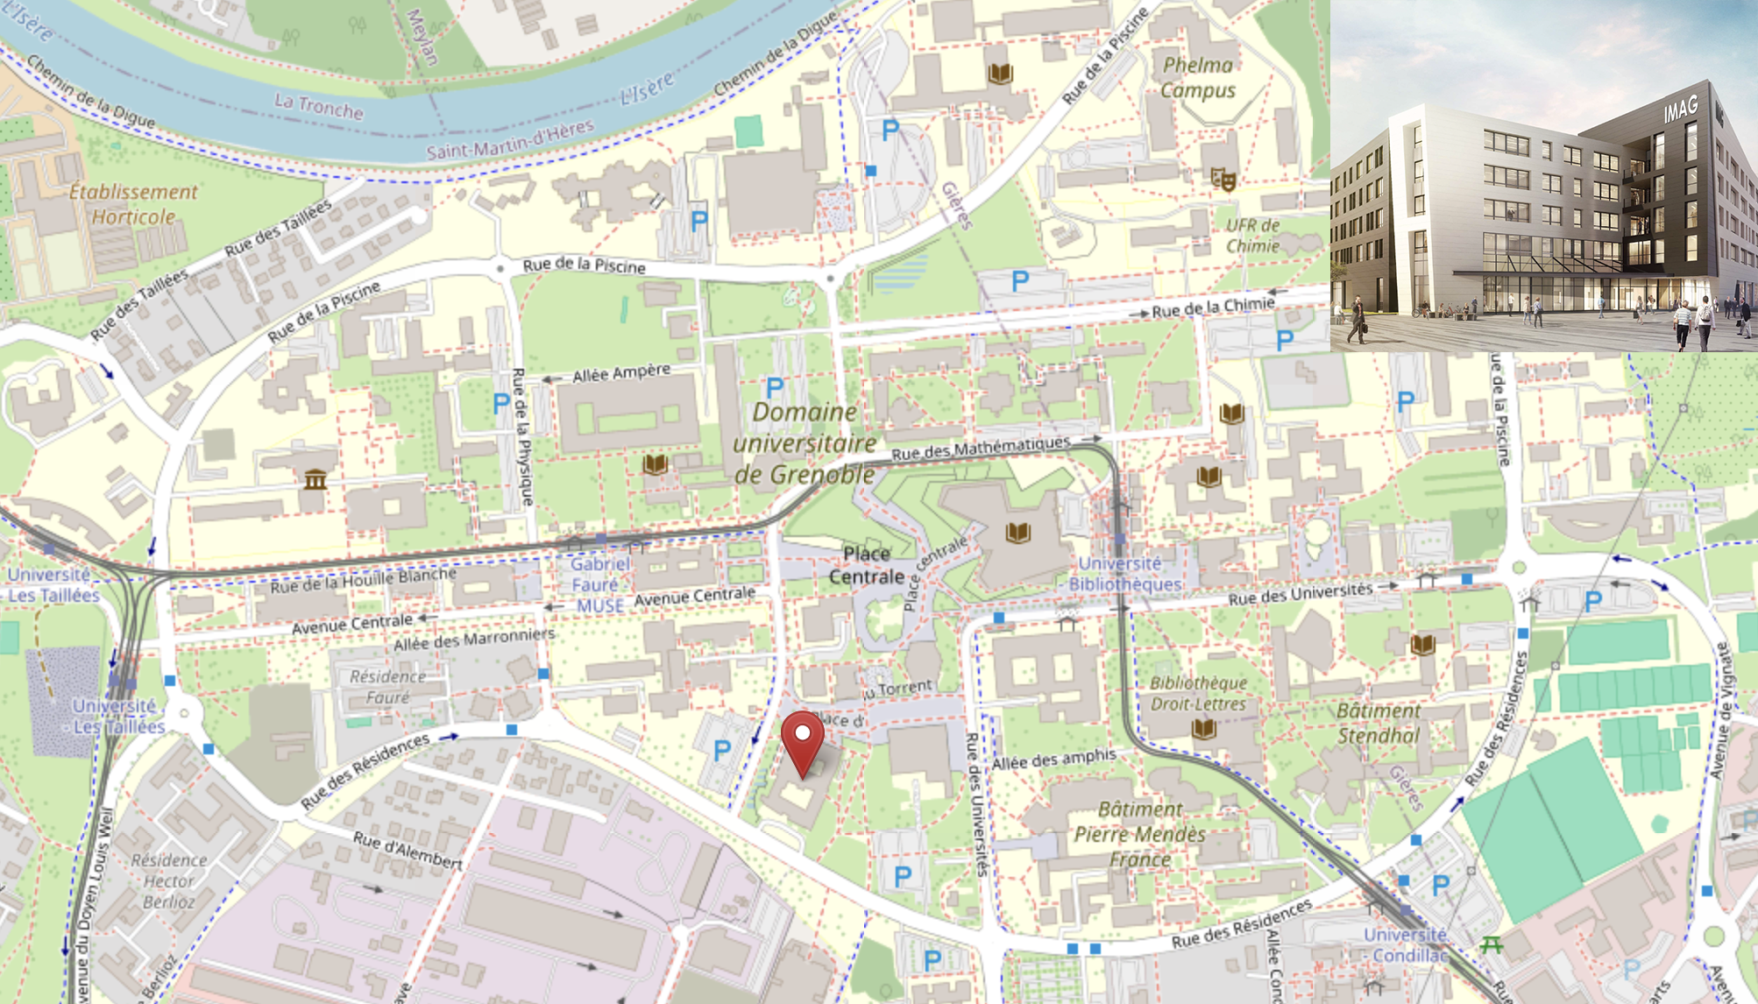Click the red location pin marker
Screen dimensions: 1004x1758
point(803,741)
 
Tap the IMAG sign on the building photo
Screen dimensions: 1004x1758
point(1680,110)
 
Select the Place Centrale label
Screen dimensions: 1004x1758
point(866,565)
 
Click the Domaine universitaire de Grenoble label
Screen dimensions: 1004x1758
point(805,443)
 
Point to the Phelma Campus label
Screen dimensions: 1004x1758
point(1197,78)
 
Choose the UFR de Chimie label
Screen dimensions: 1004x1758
point(1252,236)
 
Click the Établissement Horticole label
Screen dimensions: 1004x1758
point(133,204)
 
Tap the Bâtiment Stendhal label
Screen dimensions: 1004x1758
point(1379,723)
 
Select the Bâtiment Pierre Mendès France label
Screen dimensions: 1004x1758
point(1139,834)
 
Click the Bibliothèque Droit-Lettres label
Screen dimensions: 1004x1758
point(1197,693)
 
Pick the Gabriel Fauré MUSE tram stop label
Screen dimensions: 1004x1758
point(599,584)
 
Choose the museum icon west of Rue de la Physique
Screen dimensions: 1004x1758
point(315,479)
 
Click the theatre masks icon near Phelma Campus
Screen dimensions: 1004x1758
point(1223,180)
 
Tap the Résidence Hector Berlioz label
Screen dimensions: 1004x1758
point(168,880)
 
